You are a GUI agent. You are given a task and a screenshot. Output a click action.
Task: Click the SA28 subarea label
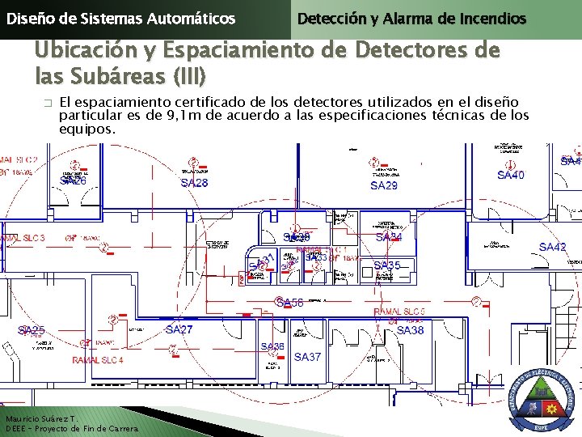[194, 184]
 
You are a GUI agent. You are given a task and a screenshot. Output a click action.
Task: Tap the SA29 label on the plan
[384, 186]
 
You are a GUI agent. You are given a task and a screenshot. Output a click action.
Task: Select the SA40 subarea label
[511, 175]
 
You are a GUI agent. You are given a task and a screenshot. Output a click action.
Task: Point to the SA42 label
[553, 247]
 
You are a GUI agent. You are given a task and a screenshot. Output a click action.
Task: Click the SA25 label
[32, 330]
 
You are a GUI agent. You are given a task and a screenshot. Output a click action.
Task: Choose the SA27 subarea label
[179, 330]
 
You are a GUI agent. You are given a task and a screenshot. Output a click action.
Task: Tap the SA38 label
[410, 330]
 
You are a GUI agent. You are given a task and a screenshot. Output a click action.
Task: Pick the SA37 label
[307, 357]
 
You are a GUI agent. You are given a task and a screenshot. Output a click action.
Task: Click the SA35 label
[387, 265]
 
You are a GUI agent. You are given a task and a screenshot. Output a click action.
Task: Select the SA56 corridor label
[289, 303]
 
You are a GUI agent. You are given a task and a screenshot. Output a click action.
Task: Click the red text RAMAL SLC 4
[98, 360]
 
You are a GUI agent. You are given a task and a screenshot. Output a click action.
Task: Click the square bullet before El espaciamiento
[47, 104]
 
